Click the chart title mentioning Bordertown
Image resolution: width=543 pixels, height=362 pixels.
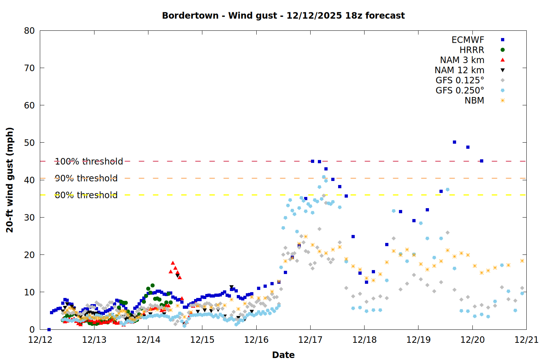283,16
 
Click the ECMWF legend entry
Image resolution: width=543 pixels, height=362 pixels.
468,40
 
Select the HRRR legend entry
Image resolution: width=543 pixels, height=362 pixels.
472,50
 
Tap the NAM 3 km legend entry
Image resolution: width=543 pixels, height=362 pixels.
462,60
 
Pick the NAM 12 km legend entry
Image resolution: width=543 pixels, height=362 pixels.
459,70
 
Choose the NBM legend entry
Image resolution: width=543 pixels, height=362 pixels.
474,101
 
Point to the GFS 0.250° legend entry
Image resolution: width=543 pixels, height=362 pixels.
460,90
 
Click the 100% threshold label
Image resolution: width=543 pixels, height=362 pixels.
89,161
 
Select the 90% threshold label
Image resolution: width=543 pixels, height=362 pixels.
86,178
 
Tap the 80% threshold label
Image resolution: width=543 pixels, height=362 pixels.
86,195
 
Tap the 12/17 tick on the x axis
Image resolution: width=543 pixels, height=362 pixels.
310,340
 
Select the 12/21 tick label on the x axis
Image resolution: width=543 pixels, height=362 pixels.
526,340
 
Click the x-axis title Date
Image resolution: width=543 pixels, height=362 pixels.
283,355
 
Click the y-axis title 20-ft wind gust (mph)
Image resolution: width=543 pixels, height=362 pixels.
10,180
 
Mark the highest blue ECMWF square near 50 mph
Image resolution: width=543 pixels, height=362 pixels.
454,142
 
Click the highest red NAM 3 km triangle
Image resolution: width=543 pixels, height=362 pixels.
173,263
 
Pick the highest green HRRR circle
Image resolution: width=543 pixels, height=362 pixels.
152,286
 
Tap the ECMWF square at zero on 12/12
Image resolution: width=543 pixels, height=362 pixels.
49,329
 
